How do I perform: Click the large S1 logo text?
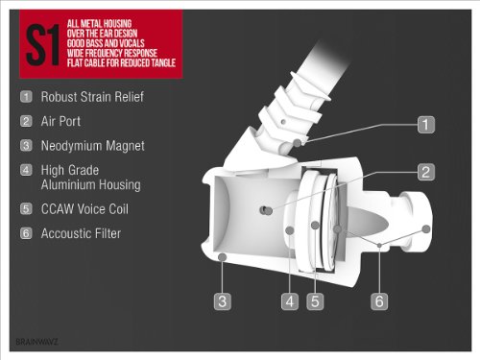pos(42,45)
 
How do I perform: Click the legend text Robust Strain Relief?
pos(92,97)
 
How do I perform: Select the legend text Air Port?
pos(60,121)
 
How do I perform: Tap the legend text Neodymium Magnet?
pos(93,146)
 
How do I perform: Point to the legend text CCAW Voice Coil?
pos(84,209)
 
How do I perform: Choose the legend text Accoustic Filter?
pos(81,233)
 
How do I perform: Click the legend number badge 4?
pos(26,170)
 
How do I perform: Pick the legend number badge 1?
pos(26,97)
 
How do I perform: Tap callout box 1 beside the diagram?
pos(426,125)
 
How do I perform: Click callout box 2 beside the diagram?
pos(426,172)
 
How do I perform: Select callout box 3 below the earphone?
pos(223,301)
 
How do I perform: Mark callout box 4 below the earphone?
pos(290,301)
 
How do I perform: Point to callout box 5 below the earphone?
pos(315,301)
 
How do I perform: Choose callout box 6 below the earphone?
pos(379,301)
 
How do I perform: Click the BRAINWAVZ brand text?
pos(36,342)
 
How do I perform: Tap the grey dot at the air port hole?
pos(269,210)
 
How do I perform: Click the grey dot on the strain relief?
pos(298,143)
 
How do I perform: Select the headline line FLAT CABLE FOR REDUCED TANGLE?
pos(121,62)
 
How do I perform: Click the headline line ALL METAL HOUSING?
pos(99,23)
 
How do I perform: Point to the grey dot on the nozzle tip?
pos(426,229)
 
